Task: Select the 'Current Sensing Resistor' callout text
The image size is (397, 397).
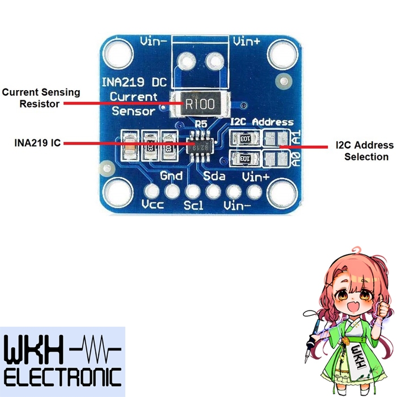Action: click(x=41, y=98)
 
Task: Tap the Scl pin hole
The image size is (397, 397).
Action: click(x=193, y=191)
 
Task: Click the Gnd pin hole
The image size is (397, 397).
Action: click(x=172, y=191)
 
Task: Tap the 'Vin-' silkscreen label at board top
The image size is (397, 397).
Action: click(x=153, y=41)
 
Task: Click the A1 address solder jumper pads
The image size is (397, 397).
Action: click(x=274, y=138)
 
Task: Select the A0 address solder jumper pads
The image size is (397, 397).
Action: click(x=274, y=158)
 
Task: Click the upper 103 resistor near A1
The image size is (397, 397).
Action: click(x=245, y=138)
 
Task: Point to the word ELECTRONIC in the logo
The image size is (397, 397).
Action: click(x=62, y=377)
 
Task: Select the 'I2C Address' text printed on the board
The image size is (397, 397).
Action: click(x=262, y=122)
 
